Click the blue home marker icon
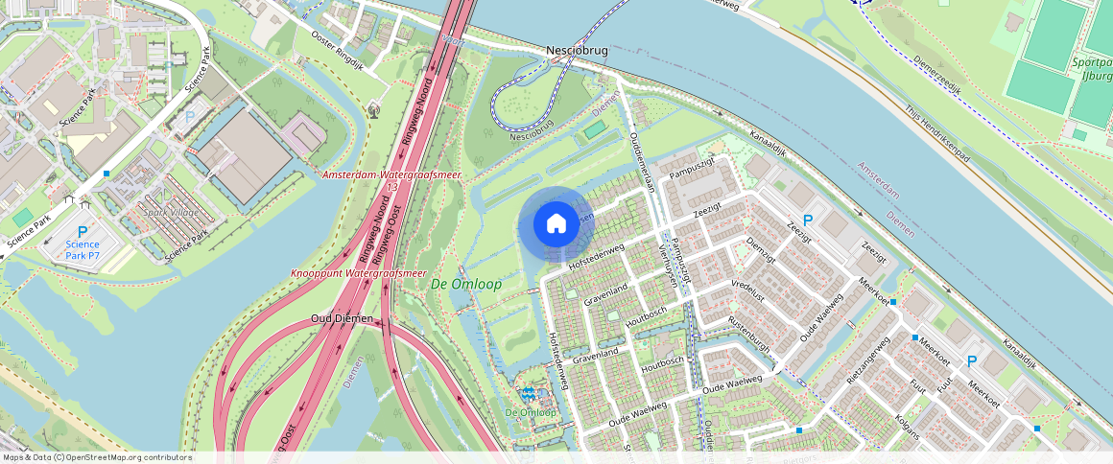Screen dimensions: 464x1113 pyautogui.click(x=556, y=224)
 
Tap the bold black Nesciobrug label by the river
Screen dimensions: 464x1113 pyautogui.click(x=577, y=50)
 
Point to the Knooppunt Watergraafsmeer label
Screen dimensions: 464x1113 pyautogui.click(x=358, y=273)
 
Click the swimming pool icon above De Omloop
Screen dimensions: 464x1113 pyautogui.click(x=528, y=393)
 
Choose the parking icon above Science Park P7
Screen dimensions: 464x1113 pyautogui.click(x=83, y=231)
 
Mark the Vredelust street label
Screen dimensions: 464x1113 pyautogui.click(x=748, y=290)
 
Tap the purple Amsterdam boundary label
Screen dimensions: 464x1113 pyautogui.click(x=880, y=180)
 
